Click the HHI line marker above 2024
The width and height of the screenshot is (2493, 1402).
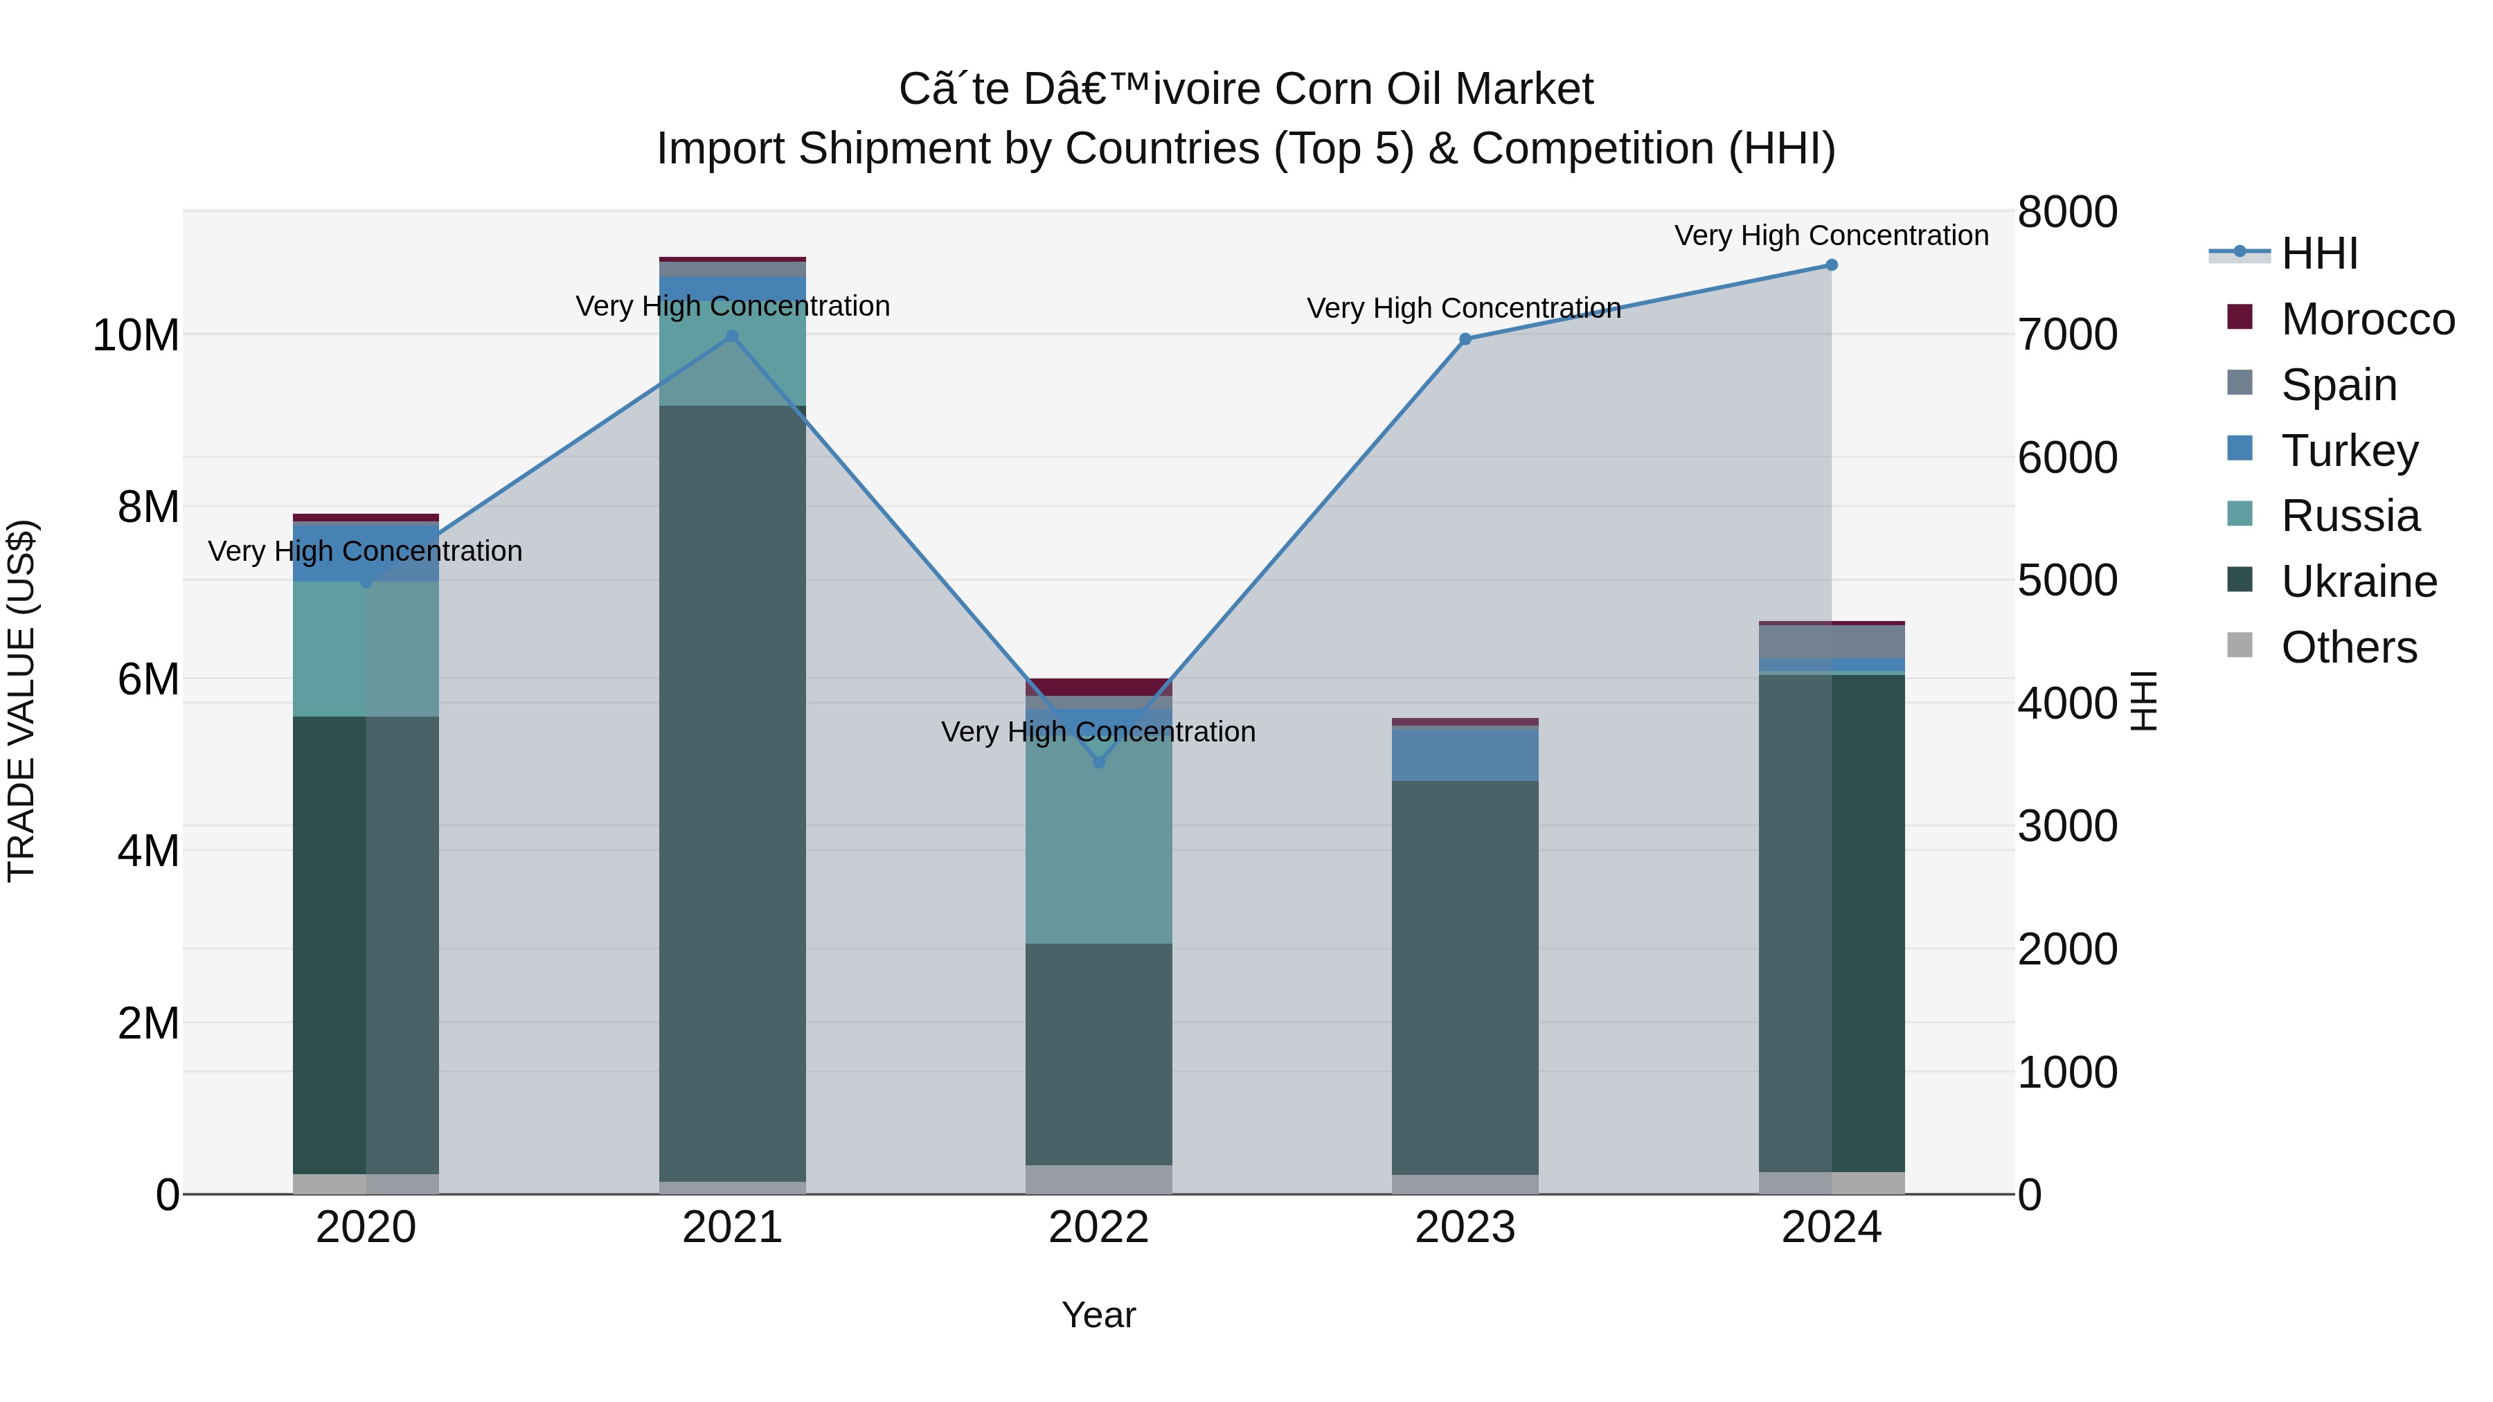[1831, 265]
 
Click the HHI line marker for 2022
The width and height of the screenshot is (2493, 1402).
[1098, 762]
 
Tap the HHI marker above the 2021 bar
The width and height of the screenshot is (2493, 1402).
[733, 336]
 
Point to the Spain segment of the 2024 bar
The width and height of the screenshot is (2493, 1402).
[1831, 642]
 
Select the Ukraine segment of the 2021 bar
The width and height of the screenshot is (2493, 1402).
[733, 793]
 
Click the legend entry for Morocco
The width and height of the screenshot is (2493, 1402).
[2367, 319]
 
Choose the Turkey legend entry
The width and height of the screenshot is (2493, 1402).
[2349, 451]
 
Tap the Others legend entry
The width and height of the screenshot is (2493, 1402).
[2349, 647]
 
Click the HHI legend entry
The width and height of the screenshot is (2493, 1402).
[2318, 253]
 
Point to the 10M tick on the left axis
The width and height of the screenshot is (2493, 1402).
[136, 336]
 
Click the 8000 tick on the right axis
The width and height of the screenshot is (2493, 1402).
[2067, 212]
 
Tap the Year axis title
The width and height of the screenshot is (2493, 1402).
[1098, 1315]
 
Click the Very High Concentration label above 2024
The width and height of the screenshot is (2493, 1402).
[1831, 235]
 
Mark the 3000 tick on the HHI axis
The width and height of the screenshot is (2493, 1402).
[2067, 826]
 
